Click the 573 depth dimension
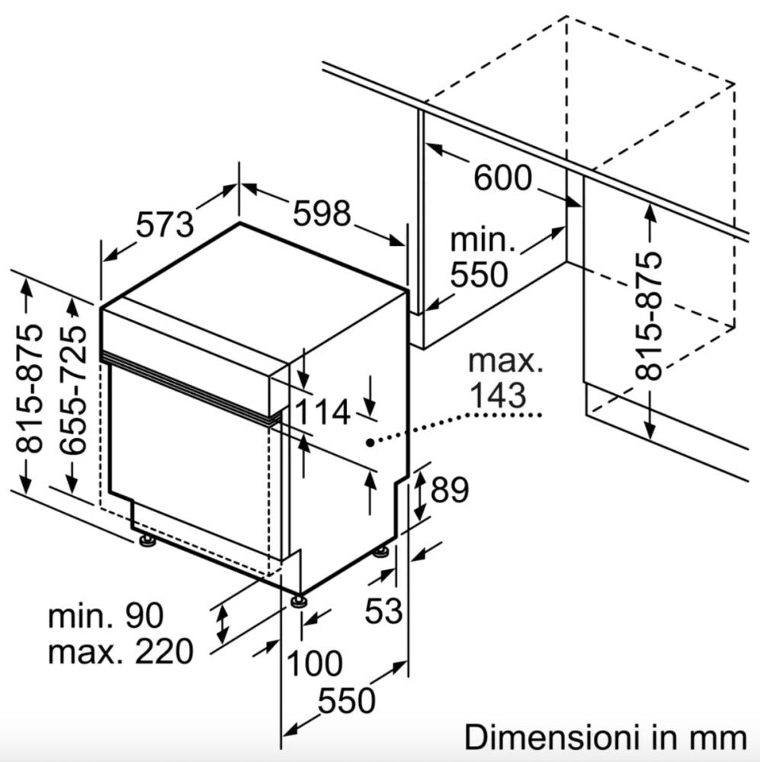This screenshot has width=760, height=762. click(x=165, y=225)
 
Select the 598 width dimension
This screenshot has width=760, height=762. click(x=322, y=213)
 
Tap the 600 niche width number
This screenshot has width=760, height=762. click(x=503, y=178)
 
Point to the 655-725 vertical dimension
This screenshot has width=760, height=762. click(x=73, y=389)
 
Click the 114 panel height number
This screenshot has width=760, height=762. click(x=322, y=411)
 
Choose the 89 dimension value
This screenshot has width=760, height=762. click(x=449, y=489)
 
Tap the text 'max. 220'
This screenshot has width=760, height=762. click(x=120, y=652)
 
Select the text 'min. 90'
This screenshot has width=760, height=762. click(x=105, y=615)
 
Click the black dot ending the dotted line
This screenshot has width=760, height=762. click(x=370, y=442)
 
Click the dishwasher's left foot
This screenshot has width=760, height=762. click(x=146, y=539)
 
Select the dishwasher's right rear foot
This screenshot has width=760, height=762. click(x=380, y=552)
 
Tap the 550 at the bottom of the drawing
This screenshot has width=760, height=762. click(x=346, y=700)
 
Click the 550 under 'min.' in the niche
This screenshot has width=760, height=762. click(x=479, y=274)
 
